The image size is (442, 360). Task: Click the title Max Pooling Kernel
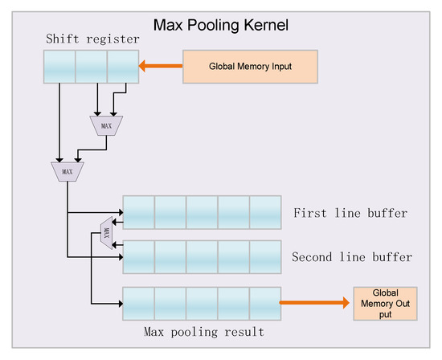point(220,24)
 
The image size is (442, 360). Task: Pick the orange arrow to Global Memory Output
point(313,303)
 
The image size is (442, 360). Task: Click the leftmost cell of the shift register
point(59,67)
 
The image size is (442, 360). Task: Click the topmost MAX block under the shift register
point(107,125)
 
